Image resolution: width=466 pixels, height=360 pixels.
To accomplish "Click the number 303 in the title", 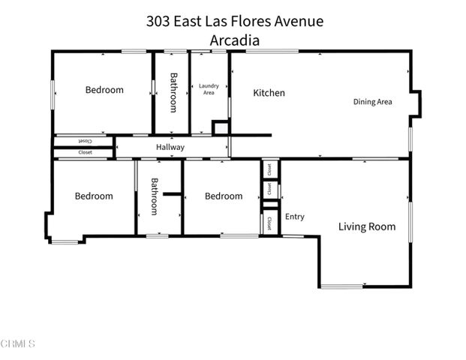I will pos(159,21).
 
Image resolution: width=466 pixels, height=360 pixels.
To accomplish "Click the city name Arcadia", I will pos(235,40).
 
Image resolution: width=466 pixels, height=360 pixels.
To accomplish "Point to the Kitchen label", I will pos(269,93).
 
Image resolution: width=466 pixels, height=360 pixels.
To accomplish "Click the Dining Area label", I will pos(373,102).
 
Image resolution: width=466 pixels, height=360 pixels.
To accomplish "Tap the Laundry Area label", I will pos(208,89).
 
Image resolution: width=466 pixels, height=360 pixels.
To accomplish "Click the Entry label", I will pos(295,217).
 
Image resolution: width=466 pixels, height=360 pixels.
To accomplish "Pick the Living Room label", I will pos(366,226).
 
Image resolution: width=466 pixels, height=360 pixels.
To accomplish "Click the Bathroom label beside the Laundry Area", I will pos(173,92).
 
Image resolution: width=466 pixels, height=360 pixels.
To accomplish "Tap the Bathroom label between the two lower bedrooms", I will pos(154,196).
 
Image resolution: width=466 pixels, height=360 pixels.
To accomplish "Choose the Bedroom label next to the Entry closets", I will pos(224,196).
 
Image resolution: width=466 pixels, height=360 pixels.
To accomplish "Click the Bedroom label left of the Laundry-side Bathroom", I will pos(104,90).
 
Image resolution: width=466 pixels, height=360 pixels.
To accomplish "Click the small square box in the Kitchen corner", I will pos(220,127).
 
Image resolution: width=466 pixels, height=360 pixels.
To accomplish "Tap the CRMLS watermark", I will pos(18,343).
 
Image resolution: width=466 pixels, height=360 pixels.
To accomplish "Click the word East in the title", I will pos(192,21).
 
